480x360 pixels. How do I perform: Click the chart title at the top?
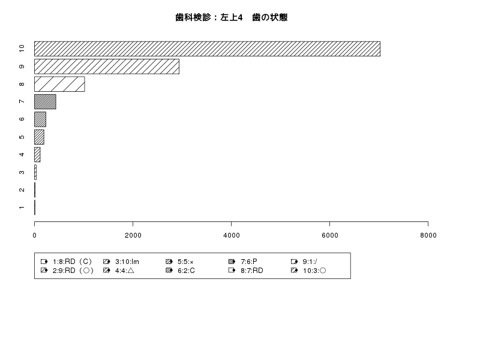coord(232,17)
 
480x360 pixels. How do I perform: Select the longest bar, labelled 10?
coord(207,49)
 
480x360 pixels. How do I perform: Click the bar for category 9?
coord(107,67)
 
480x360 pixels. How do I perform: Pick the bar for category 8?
coord(59,84)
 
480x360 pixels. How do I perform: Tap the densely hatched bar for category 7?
coord(45,101)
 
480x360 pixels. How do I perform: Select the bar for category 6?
coord(40,119)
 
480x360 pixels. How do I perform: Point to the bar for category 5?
coord(39,137)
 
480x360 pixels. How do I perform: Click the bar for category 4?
coord(37,155)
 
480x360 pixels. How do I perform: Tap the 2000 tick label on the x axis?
coord(133,235)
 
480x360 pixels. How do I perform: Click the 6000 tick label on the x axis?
coord(329,235)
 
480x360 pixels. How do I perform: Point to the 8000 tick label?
coord(428,235)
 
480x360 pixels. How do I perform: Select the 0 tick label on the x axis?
coord(35,235)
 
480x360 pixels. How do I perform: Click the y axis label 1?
coord(22,208)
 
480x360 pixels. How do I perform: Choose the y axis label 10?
coord(22,49)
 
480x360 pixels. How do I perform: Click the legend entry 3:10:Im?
coord(121,262)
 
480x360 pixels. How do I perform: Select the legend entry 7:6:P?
coord(243,262)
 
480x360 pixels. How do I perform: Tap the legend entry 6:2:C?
coord(180,271)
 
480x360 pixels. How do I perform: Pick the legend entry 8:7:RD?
coord(246,271)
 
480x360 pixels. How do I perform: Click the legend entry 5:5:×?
coord(179,262)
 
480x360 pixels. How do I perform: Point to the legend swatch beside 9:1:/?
coord(294,262)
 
